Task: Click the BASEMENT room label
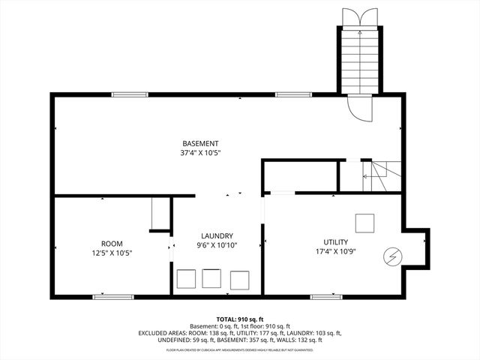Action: pyautogui.click(x=200, y=143)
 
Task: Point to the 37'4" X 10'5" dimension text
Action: pyautogui.click(x=200, y=152)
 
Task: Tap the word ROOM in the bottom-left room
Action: pyautogui.click(x=112, y=243)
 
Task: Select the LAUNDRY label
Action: pyautogui.click(x=217, y=235)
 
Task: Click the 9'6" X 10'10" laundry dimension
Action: pyautogui.click(x=217, y=244)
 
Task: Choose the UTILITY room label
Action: pyautogui.click(x=335, y=242)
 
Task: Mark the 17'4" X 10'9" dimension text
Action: pyautogui.click(x=335, y=251)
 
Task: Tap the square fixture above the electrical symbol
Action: pyautogui.click(x=365, y=223)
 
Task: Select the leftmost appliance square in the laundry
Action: pyautogui.click(x=184, y=280)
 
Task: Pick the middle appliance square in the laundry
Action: pyautogui.click(x=211, y=279)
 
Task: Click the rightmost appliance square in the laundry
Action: pyautogui.click(x=239, y=280)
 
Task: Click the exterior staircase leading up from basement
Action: pyautogui.click(x=357, y=60)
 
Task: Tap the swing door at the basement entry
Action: pyautogui.click(x=360, y=109)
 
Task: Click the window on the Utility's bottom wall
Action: pyautogui.click(x=326, y=297)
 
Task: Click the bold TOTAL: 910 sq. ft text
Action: pyautogui.click(x=239, y=319)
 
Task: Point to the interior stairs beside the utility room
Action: pyautogui.click(x=375, y=177)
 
